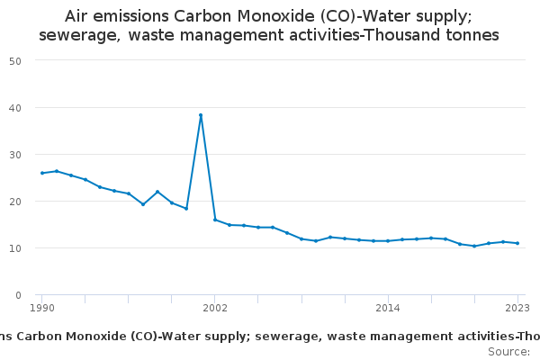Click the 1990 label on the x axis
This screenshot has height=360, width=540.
(41, 308)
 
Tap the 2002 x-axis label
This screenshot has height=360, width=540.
(215, 308)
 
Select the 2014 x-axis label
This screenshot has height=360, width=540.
(388, 308)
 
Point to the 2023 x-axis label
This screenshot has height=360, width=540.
(517, 308)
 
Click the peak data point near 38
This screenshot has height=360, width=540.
(201, 115)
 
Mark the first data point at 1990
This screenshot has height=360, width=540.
(41, 173)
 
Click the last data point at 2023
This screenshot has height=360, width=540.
(517, 243)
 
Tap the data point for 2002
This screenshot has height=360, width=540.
(215, 220)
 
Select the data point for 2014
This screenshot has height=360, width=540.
(388, 240)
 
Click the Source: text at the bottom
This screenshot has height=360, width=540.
(508, 351)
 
